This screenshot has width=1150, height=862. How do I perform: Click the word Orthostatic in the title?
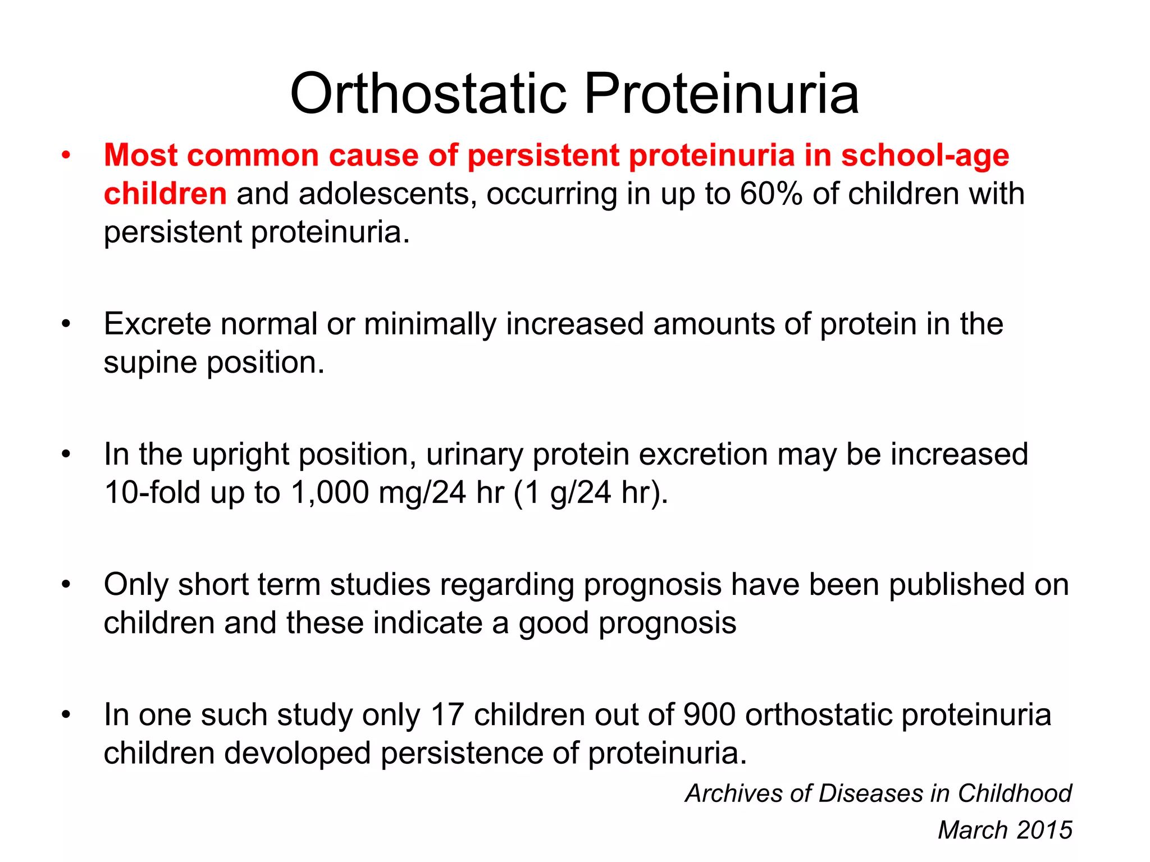point(428,94)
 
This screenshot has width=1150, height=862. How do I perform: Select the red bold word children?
point(165,194)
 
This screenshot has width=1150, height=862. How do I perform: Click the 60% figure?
point(771,194)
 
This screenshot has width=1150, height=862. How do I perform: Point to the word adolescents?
point(387,194)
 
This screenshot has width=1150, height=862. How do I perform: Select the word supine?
point(150,363)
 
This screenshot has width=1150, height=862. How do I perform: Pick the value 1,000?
point(329,492)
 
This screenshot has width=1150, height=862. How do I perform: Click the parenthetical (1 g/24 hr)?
point(591,492)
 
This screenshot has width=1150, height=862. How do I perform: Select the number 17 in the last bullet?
point(447,714)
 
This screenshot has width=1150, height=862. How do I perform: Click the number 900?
point(709,714)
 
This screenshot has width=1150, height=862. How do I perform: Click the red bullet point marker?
point(66,155)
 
